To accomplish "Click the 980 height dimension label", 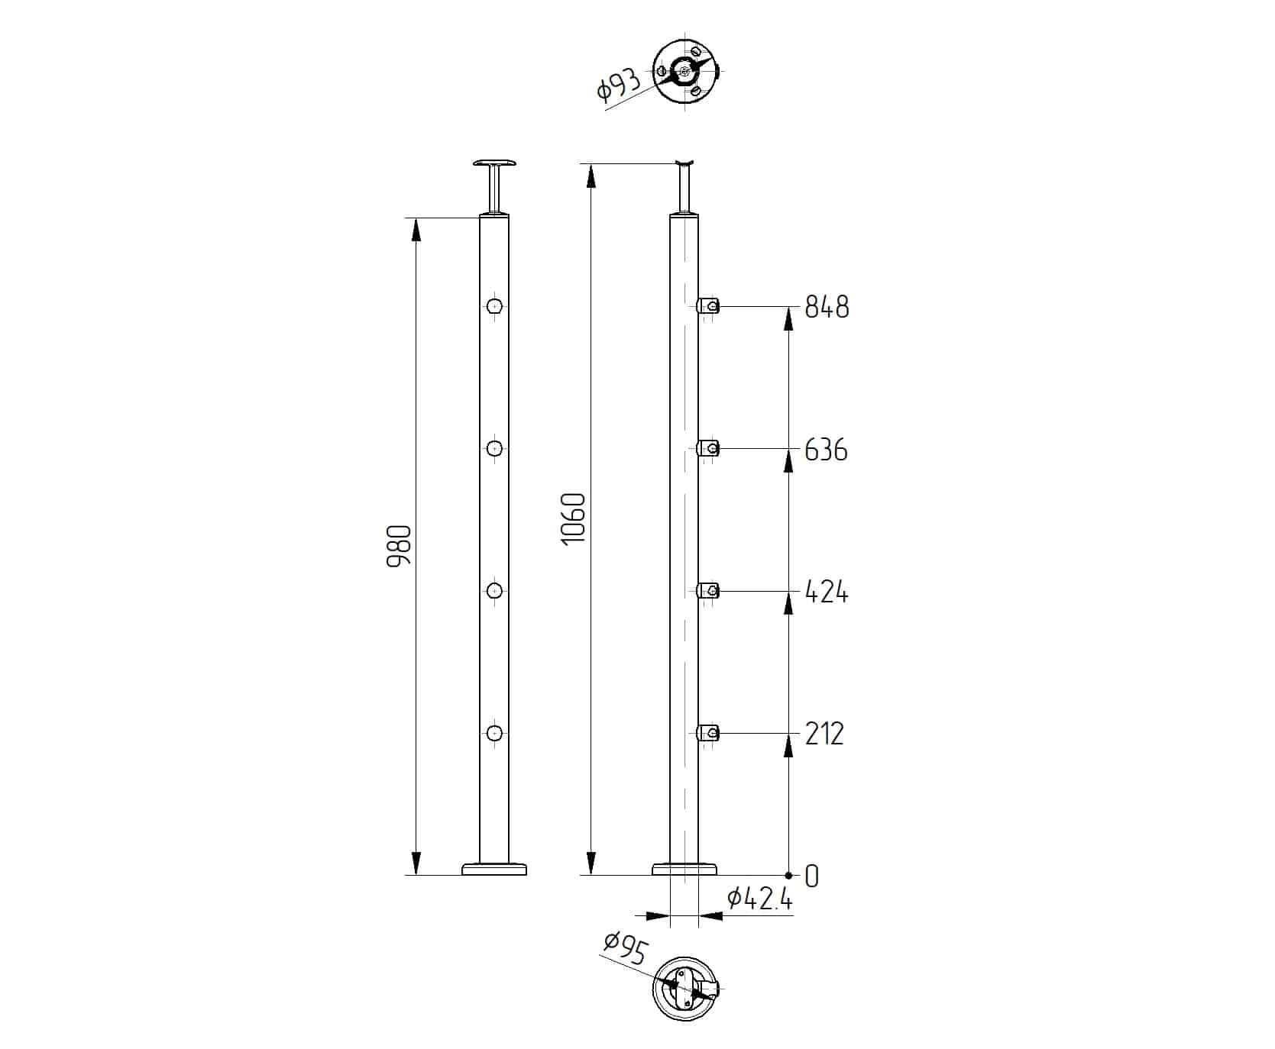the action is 399,546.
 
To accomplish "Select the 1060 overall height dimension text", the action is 573,518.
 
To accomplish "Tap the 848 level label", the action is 827,307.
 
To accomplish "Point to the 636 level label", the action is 827,450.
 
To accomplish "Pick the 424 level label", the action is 827,592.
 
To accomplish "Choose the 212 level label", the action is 825,734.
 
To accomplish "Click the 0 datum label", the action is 811,876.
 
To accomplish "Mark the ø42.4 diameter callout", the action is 760,899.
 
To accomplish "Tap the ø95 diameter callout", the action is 625,950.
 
